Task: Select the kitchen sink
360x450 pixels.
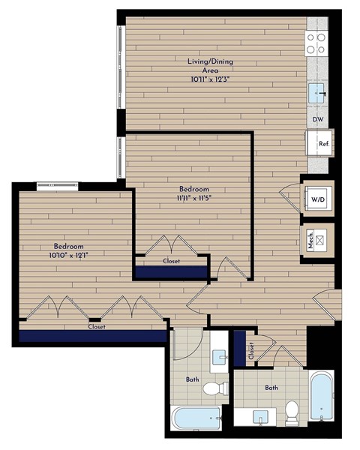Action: [x=317, y=94]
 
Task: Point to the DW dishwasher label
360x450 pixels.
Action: [x=317, y=120]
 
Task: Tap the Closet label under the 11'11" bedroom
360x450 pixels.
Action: [x=171, y=261]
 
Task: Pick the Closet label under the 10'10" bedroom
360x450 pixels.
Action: [x=96, y=327]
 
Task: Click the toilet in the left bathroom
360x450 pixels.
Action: [x=214, y=388]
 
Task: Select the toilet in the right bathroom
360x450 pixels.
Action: [x=292, y=411]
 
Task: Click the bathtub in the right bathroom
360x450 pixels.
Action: [x=324, y=396]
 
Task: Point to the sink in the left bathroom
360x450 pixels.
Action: [x=219, y=358]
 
